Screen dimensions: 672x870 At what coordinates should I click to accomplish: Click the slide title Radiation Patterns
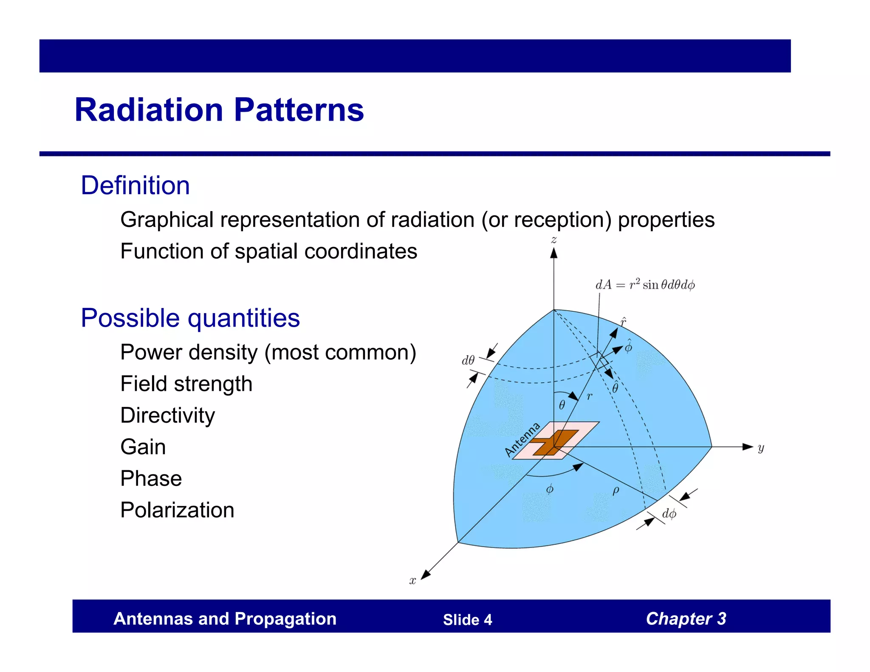point(219,110)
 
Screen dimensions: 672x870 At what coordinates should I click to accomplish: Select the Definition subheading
point(135,186)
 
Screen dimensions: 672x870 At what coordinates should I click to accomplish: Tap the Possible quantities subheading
point(190,318)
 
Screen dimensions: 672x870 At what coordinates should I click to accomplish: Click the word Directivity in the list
point(167,415)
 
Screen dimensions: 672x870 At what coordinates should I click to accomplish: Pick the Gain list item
point(143,447)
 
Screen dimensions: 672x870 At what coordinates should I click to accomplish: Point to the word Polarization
point(177,510)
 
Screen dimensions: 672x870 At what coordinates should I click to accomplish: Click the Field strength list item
point(186,384)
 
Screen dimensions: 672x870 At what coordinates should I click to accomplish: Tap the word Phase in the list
point(151,479)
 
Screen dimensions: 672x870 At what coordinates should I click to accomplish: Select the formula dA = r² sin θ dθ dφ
point(645,285)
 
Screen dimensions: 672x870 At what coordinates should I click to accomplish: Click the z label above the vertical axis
point(554,240)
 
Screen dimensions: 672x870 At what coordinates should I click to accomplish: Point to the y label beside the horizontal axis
point(761,448)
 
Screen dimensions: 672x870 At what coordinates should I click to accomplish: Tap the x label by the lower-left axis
point(412,581)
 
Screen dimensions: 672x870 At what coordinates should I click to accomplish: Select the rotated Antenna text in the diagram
point(522,440)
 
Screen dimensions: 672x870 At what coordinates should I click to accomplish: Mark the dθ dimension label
point(468,361)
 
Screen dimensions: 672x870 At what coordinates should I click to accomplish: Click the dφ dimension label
point(669,514)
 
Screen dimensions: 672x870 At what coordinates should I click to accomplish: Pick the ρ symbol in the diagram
point(616,491)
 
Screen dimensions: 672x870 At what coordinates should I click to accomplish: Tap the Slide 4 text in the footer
point(467,620)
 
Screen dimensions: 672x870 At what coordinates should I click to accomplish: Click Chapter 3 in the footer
point(686,619)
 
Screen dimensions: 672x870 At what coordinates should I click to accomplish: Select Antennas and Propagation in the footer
point(225,619)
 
